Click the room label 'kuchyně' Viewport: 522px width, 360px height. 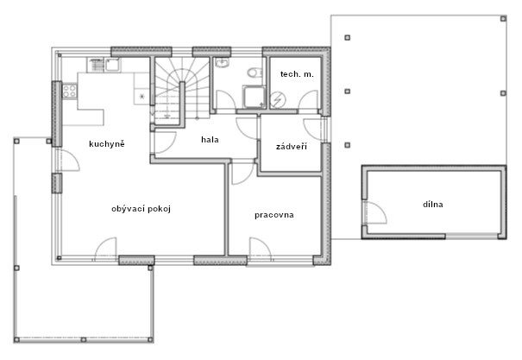coord(107,144)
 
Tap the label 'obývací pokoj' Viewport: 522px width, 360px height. coord(142,209)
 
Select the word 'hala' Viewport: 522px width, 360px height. coord(210,140)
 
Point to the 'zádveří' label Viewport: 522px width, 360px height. coord(292,147)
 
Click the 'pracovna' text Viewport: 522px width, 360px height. coord(274,215)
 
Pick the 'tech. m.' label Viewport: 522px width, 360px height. coord(297,74)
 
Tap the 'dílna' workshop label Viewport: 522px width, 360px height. coord(433,204)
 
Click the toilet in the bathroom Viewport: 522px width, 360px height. coord(255,73)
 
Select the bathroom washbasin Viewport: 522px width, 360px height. coord(222,62)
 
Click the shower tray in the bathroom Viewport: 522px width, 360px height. coord(254,97)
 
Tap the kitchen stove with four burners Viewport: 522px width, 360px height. coord(70,92)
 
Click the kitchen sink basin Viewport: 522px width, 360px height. coord(112,65)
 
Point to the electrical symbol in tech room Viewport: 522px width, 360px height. coord(278,100)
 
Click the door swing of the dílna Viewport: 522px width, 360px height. coord(376,212)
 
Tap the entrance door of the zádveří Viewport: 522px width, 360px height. coord(313,129)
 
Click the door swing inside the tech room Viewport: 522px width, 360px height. coord(308,100)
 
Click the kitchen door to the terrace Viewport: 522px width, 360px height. coord(68,161)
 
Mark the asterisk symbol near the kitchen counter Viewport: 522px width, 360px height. coord(142,97)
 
